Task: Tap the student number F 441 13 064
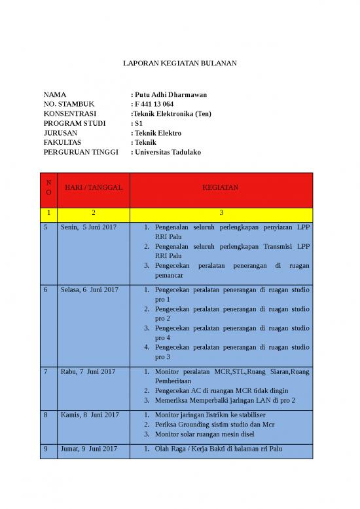[x=154, y=104]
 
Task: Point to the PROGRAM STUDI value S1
[x=137, y=123]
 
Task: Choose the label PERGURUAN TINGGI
[x=81, y=152]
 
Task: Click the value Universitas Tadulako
[x=168, y=152]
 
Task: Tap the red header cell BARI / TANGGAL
[x=93, y=188]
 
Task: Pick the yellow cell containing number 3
[x=221, y=213]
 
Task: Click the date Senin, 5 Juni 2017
[x=90, y=227]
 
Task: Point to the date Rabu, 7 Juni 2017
[x=88, y=371]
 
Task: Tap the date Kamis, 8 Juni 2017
[x=90, y=415]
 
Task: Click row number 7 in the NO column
[x=46, y=371]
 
